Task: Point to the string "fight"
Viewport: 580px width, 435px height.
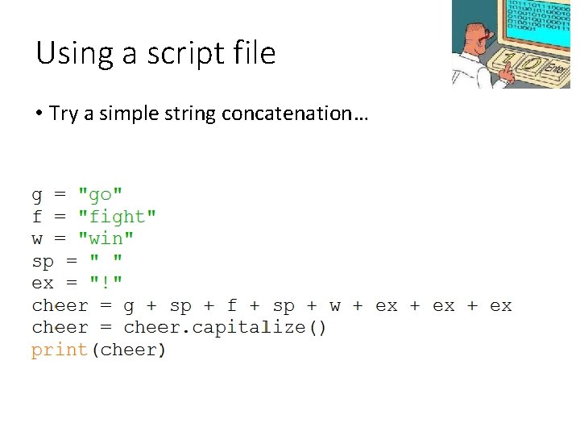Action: (x=118, y=217)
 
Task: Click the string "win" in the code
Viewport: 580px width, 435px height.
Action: (x=106, y=239)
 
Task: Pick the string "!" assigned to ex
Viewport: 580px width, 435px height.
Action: (x=106, y=284)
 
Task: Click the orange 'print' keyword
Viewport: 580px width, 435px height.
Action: (x=59, y=350)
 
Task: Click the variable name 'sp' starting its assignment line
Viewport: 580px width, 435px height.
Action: (x=43, y=262)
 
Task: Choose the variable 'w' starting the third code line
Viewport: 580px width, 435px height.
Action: (x=37, y=239)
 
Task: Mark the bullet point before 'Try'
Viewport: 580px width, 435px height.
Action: (x=39, y=114)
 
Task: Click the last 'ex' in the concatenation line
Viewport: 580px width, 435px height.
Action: (x=500, y=306)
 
